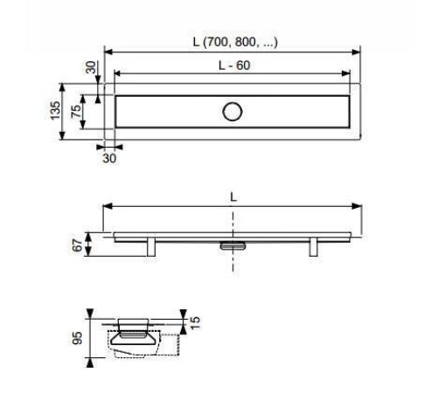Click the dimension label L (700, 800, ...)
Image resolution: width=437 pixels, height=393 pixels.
pyautogui.click(x=235, y=42)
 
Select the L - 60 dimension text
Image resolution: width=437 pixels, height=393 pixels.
pyautogui.click(x=234, y=65)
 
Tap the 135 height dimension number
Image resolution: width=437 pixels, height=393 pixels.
pyautogui.click(x=55, y=110)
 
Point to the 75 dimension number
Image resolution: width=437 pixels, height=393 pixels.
pyautogui.click(x=76, y=112)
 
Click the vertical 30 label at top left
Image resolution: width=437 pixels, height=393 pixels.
pyautogui.click(x=91, y=67)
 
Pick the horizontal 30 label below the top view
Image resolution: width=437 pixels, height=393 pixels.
pyautogui.click(x=109, y=158)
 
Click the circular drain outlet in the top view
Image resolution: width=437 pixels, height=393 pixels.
pyautogui.click(x=232, y=112)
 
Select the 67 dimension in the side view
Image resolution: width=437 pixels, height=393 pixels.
pyautogui.click(x=78, y=245)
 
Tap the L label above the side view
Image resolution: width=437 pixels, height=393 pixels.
pyautogui.click(x=233, y=197)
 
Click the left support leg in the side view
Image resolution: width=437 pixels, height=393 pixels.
pyautogui.click(x=151, y=247)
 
